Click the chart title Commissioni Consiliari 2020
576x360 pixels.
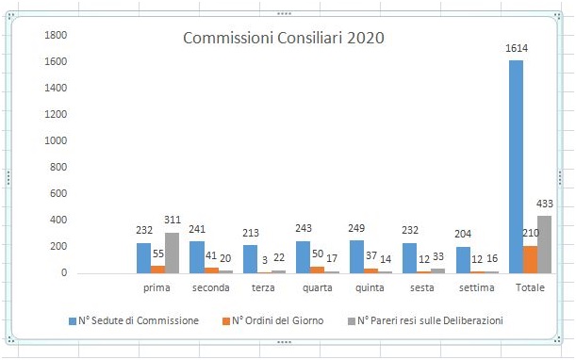[x=284, y=39]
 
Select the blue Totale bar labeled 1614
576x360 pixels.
[x=516, y=167]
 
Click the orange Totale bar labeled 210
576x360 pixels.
[x=530, y=259]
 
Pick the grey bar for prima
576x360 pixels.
[x=172, y=253]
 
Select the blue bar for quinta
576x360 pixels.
[x=356, y=256]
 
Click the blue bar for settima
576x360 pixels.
[x=463, y=259]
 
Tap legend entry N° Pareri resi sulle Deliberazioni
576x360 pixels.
[x=426, y=320]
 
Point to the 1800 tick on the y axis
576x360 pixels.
[x=56, y=35]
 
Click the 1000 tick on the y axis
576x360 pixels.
[x=56, y=140]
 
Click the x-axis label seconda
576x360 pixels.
[x=209, y=287]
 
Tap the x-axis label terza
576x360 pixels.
[x=263, y=287]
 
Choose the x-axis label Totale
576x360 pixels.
[x=529, y=287]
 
